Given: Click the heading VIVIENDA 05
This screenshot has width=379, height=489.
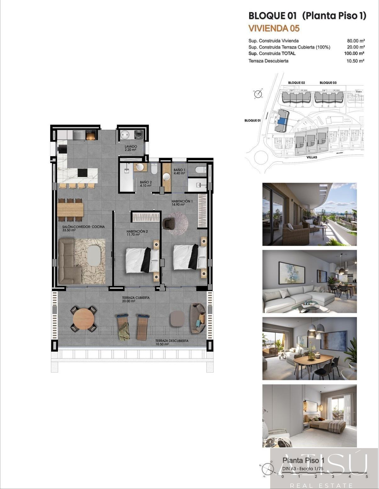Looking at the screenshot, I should coord(274,28).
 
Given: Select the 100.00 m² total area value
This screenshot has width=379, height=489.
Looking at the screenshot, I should coord(354,53).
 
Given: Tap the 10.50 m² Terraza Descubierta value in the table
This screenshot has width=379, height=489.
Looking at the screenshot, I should coord(355,61).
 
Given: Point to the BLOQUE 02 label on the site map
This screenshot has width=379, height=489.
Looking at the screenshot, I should coord(297,83).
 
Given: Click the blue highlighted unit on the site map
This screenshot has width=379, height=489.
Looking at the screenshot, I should coord(282,119).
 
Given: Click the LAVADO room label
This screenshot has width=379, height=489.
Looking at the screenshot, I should coord(131,147).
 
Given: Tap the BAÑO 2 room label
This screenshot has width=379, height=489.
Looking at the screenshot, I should coord(146,182).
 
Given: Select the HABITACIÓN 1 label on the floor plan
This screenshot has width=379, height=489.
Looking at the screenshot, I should coord(182,201).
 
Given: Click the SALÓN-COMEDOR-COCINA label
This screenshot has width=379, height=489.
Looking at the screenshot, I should coord(81,227).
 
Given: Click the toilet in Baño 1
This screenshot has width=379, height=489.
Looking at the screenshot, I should coord(200,170).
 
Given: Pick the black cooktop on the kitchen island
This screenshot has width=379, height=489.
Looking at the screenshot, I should coord(82,173).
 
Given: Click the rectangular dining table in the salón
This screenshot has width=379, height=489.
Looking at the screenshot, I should coord(70,210).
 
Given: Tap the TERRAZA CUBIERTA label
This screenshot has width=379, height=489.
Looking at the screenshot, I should coord(136,298).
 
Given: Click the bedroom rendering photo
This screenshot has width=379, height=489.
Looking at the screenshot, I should coord(309,415).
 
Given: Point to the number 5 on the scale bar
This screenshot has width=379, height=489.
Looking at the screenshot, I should coord(367,476).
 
